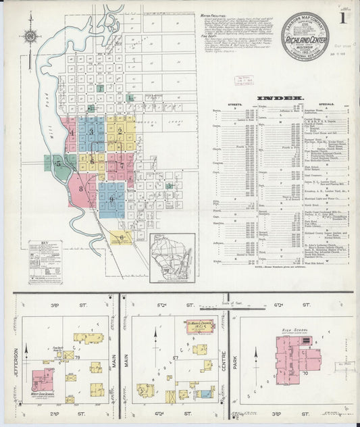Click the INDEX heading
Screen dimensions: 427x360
[x=274, y=97]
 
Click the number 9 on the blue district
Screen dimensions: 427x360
[x=111, y=199]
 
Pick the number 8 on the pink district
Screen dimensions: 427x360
[x=81, y=189]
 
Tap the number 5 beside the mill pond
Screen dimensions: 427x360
[x=59, y=163]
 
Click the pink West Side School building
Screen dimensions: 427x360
[x=43, y=380]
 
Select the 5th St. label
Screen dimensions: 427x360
[x=160, y=305]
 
